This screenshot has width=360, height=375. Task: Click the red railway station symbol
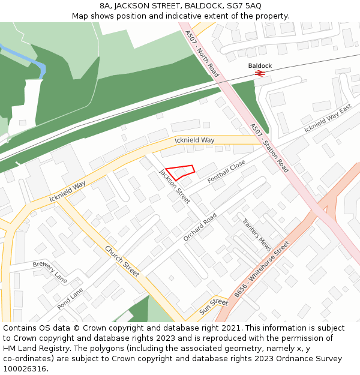tap(260, 73)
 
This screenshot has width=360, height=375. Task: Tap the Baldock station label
tap(260, 65)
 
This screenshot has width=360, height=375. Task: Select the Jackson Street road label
tap(175, 186)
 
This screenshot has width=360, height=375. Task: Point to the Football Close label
tap(226, 172)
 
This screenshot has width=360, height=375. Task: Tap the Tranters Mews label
tap(257, 234)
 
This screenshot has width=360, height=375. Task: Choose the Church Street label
tap(122, 261)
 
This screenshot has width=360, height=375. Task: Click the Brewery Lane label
tap(50, 272)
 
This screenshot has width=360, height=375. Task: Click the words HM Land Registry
tap(30, 348)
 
